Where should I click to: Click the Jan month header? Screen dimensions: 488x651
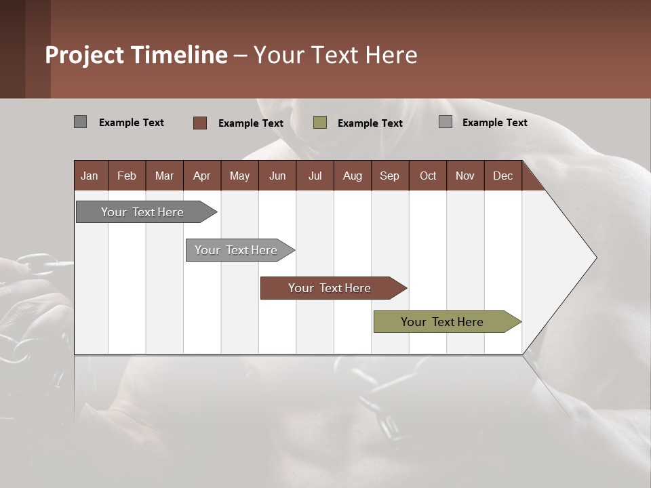pyautogui.click(x=90, y=176)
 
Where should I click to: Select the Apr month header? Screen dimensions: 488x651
pyautogui.click(x=201, y=176)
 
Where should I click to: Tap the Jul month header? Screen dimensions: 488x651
pyautogui.click(x=315, y=176)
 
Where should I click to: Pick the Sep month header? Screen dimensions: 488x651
pyautogui.click(x=389, y=176)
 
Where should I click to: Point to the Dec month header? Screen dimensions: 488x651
pyautogui.click(x=502, y=176)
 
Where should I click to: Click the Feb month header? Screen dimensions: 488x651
pyautogui.click(x=127, y=176)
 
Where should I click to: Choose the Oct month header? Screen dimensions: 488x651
pyautogui.click(x=428, y=176)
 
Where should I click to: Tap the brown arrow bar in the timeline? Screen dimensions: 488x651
pyautogui.click(x=330, y=288)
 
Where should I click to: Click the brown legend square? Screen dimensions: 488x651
pyautogui.click(x=199, y=123)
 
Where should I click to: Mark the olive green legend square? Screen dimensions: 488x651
pyautogui.click(x=320, y=123)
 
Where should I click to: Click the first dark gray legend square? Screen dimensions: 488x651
pyautogui.click(x=80, y=122)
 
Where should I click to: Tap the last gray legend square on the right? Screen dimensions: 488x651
pyautogui.click(x=446, y=122)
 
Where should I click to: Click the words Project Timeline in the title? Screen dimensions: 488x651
pyautogui.click(x=136, y=55)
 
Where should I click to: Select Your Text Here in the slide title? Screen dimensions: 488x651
pyautogui.click(x=336, y=55)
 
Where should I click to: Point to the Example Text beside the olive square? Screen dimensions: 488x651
pyautogui.click(x=370, y=123)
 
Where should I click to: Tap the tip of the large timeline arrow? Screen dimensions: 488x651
pyautogui.click(x=595, y=257)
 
